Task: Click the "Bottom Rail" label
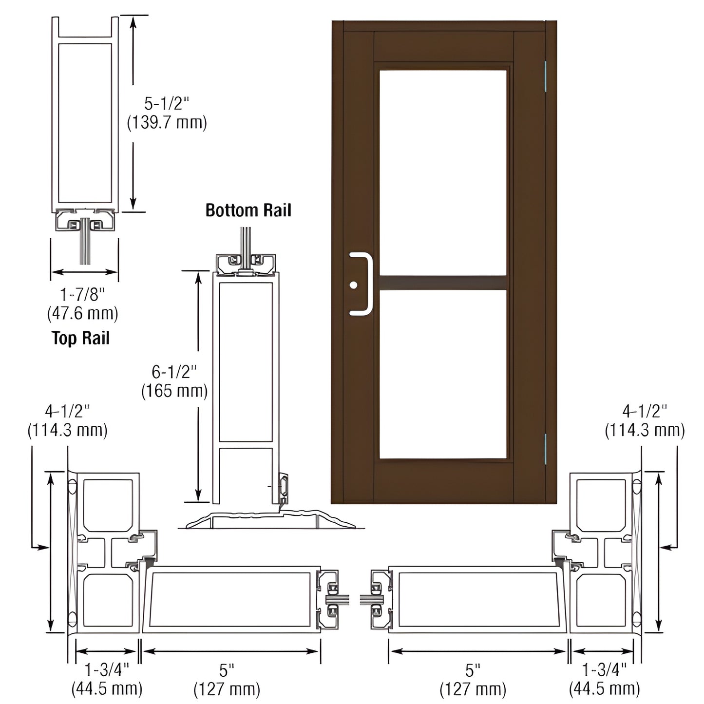click(248, 210)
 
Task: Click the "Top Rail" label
click(81, 338)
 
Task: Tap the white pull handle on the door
click(369, 284)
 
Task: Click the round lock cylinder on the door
click(353, 285)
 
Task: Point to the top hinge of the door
click(545, 76)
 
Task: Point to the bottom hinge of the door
click(545, 448)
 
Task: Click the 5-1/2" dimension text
click(166, 104)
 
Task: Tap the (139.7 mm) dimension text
click(167, 122)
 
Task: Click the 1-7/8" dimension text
click(82, 294)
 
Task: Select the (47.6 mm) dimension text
click(82, 313)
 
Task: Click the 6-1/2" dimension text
click(174, 372)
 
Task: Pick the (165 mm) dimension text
click(174, 391)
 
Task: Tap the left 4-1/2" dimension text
click(67, 412)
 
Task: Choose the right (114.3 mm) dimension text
click(645, 430)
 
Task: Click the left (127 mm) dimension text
click(227, 689)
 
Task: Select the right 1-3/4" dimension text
click(604, 670)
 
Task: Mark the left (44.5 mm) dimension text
click(107, 689)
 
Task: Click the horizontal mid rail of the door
click(442, 283)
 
